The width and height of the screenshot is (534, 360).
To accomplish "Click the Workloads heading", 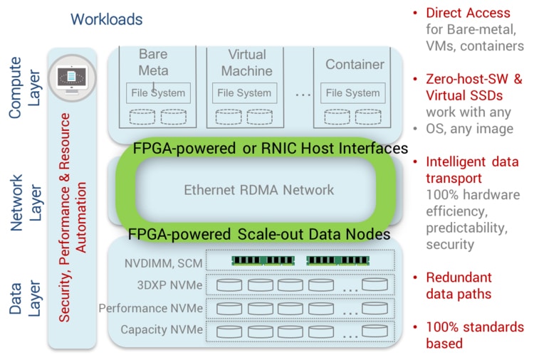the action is pyautogui.click(x=106, y=19).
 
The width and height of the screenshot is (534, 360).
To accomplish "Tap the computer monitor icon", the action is pyautogui.click(x=72, y=78).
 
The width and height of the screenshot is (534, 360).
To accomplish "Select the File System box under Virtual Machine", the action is pyautogui.click(x=244, y=93).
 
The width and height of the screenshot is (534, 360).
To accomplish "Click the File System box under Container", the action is pyautogui.click(x=353, y=93).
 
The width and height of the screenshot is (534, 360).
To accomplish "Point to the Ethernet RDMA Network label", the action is pyautogui.click(x=259, y=190).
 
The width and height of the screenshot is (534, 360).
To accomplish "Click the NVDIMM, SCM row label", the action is pyautogui.click(x=164, y=263).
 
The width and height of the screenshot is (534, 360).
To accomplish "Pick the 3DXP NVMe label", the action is pyautogui.click(x=169, y=285).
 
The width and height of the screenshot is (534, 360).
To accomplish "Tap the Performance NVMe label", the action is pyautogui.click(x=150, y=308).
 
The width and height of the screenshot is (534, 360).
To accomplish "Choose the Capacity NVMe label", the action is pyautogui.click(x=162, y=329).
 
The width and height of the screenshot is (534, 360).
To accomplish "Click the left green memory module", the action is pyautogui.click(x=263, y=260).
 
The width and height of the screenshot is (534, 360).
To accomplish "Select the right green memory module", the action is pyautogui.click(x=337, y=260).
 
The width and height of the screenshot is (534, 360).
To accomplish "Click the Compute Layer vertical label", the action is pyautogui.click(x=24, y=88).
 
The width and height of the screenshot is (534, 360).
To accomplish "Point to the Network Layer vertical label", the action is pyautogui.click(x=26, y=203).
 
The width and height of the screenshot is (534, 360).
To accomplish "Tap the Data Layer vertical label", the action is pyautogui.click(x=24, y=298).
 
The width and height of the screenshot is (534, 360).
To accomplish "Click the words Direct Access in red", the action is pyautogui.click(x=468, y=13).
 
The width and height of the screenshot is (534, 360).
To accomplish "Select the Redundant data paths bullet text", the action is pyautogui.click(x=459, y=285).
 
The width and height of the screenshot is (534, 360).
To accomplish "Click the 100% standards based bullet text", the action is pyautogui.click(x=475, y=335).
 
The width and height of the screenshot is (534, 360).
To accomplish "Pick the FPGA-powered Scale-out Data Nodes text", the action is pyautogui.click(x=259, y=234).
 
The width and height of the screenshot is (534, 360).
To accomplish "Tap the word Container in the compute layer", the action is pyautogui.click(x=355, y=64).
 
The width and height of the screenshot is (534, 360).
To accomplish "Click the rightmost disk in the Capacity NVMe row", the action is pyautogui.click(x=375, y=331).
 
